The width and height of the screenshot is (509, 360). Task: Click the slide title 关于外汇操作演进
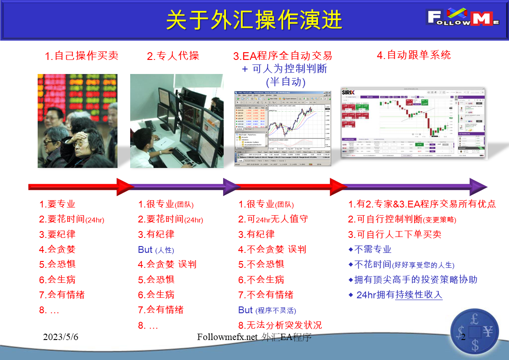[254, 20]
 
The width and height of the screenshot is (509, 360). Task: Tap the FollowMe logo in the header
[462, 19]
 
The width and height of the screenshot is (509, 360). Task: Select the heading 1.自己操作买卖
[82, 56]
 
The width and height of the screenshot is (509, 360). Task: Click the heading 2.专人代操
[173, 56]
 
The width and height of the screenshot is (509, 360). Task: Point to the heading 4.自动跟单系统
[414, 55]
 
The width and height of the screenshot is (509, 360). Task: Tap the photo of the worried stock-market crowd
[77, 121]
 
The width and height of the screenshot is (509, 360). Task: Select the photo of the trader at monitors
[176, 121]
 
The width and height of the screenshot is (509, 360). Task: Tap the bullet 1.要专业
[57, 204]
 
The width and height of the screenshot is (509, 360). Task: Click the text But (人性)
[156, 250]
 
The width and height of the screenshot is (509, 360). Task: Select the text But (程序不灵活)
[267, 310]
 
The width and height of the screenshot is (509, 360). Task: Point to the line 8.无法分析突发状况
[280, 325]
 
